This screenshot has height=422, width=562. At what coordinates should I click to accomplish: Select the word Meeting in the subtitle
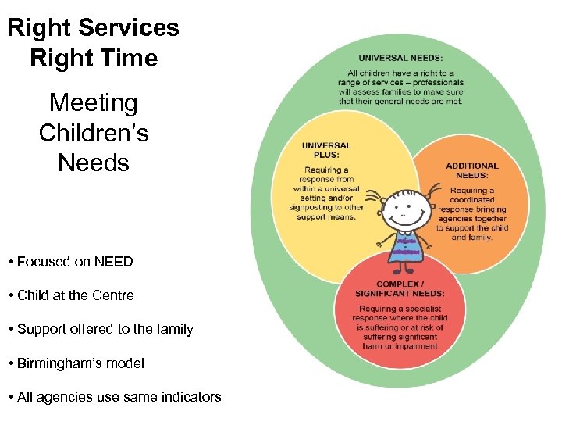coord(93,102)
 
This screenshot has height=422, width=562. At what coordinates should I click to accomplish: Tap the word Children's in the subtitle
coord(94,133)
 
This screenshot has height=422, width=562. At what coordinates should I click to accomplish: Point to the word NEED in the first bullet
coord(113,262)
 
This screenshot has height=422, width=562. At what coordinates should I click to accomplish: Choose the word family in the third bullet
coord(175,329)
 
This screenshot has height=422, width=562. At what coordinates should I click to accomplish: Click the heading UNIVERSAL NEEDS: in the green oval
coord(400,57)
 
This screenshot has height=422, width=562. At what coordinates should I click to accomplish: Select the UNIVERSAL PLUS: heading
coord(326,150)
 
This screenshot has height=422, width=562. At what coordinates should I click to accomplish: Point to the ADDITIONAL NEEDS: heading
coord(471,170)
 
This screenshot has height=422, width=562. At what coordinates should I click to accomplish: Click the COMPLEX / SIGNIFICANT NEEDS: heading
coord(400,289)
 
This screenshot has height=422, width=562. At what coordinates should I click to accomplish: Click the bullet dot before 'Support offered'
coord(12,330)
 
